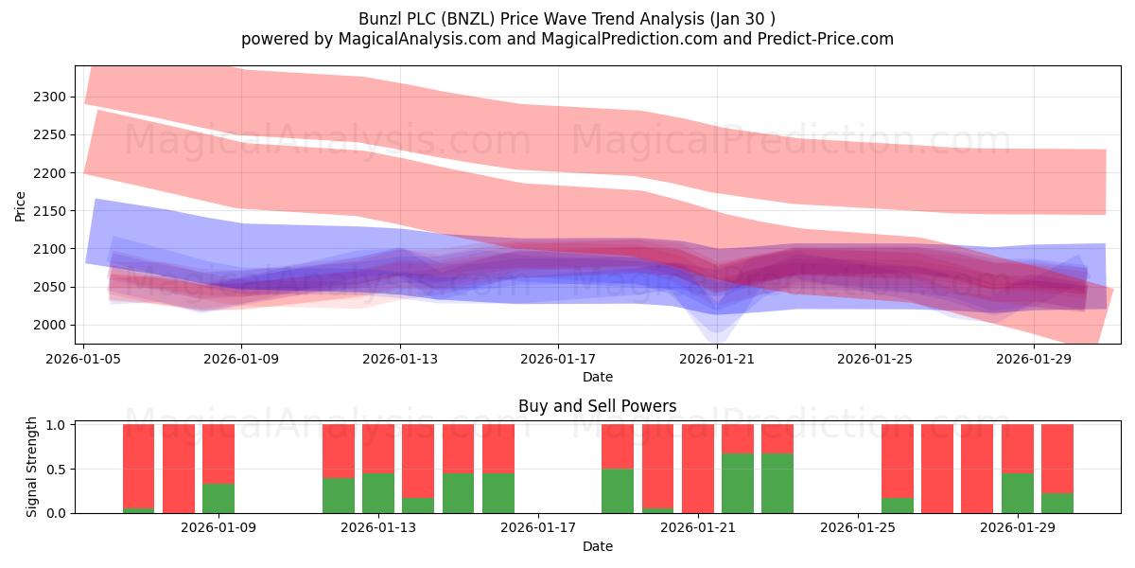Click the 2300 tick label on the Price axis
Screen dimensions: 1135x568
[x=49, y=97]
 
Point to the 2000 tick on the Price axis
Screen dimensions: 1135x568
[x=49, y=325]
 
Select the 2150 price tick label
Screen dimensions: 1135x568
[x=49, y=211]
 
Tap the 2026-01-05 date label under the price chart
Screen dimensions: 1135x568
[x=83, y=359]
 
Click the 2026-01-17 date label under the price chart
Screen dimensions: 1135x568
[x=558, y=359]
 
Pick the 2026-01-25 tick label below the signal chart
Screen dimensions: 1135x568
[x=858, y=528]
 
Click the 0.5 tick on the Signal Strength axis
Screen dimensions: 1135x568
[x=56, y=470]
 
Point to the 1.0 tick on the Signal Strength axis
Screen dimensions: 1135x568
[x=56, y=425]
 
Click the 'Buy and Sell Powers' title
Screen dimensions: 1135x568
[x=598, y=406]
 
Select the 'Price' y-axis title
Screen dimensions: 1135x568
[x=20, y=206]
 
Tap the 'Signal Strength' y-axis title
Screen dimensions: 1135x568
[x=31, y=467]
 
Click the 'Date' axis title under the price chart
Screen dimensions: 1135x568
[x=598, y=377]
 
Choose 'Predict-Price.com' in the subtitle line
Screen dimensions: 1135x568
[x=826, y=39]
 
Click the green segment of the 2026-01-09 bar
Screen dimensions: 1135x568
[x=218, y=499]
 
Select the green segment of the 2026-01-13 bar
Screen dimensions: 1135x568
[x=378, y=493]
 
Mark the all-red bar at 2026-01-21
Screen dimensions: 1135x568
[x=698, y=470]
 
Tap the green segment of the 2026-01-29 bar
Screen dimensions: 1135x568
[x=1018, y=493]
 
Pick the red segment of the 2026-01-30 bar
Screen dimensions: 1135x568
[x=1057, y=459]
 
